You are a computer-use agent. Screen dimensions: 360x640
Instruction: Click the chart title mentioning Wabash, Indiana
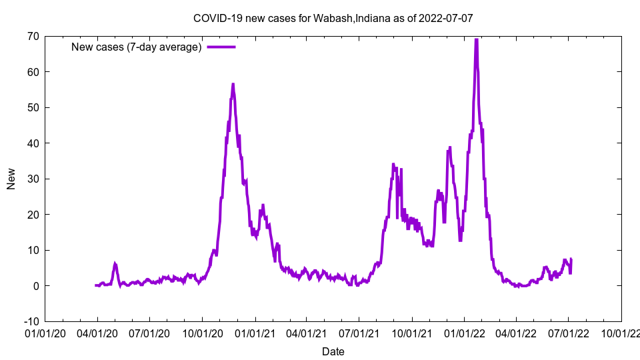[x=333, y=18]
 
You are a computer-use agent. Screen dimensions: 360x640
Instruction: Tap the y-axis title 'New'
[x=11, y=179]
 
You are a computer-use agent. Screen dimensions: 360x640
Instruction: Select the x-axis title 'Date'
[x=333, y=351]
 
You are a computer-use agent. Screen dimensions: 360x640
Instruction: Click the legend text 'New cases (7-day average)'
[x=137, y=47]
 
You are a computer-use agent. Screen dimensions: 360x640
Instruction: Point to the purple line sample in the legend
[x=221, y=47]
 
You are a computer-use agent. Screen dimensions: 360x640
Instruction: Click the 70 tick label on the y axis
[x=33, y=36]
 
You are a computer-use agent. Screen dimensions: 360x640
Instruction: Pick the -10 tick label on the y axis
[x=31, y=321]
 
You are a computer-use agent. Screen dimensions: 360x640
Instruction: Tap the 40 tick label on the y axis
[x=33, y=143]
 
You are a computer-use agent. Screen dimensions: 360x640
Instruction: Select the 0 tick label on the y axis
[x=35, y=286]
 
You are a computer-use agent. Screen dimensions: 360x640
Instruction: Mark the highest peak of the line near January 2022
[x=476, y=39]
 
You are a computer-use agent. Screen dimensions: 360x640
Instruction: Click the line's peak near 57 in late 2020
[x=233, y=84]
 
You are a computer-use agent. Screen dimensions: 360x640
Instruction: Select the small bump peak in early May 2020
[x=115, y=264]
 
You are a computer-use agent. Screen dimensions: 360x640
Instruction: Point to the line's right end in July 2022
[x=571, y=259]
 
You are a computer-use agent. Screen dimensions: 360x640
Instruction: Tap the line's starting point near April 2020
[x=96, y=285]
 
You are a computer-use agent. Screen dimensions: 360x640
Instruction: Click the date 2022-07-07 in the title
[x=447, y=18]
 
